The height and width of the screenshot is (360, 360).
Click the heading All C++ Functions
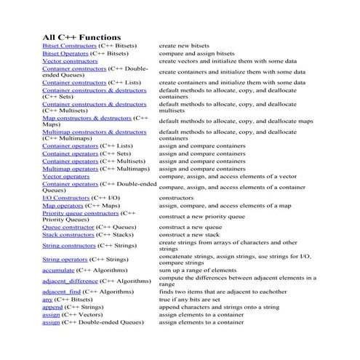(81, 36)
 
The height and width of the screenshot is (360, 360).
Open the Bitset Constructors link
(70, 46)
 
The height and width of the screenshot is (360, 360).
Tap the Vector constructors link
(70, 62)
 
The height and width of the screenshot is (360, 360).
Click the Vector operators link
(66, 176)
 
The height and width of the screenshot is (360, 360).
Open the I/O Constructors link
(66, 198)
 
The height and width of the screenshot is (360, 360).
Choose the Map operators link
(63, 206)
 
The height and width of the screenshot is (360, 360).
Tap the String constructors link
(69, 246)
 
